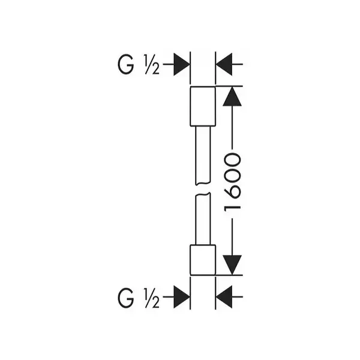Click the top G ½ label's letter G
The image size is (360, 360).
125,65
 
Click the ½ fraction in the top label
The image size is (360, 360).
152,65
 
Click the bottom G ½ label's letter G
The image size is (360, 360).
125,298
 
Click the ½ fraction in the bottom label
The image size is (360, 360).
152,298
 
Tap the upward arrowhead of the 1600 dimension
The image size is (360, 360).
232,96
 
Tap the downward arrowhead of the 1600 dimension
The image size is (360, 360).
232,265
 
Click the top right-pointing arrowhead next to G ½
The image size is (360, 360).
182,64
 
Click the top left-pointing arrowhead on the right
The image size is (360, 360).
224,64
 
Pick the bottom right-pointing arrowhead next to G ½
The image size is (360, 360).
182,297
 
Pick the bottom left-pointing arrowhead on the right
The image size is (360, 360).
224,297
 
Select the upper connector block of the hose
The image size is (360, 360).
203,106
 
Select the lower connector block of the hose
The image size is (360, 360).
203,260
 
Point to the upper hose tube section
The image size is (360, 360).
203,155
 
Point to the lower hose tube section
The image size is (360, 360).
203,219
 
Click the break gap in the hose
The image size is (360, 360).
203,189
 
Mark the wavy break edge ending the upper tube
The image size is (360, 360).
203,184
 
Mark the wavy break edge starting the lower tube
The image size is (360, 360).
203,194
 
